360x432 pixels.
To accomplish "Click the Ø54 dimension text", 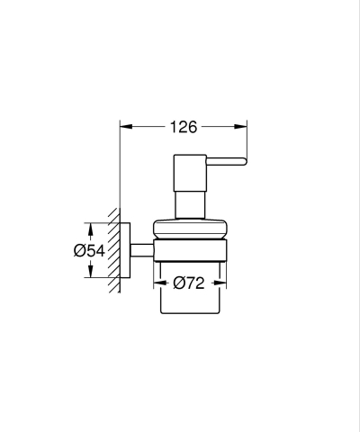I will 90,251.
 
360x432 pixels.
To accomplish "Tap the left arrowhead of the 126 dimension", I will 124,126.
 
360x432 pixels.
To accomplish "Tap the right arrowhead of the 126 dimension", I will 243,126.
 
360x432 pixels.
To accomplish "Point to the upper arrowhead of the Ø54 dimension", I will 90,228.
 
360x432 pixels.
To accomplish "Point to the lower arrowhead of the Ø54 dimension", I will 90,274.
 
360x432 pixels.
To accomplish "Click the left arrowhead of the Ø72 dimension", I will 157,283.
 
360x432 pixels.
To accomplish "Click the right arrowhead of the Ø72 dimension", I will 220,283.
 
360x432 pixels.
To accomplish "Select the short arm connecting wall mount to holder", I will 140,250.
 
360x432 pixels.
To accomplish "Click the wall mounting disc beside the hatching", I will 128,251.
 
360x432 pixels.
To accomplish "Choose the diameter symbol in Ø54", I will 79,251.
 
